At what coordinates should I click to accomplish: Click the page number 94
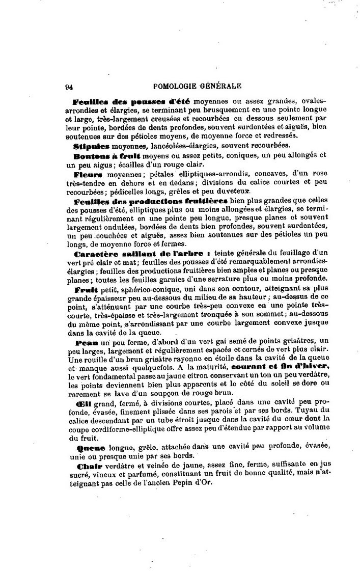(x=69, y=87)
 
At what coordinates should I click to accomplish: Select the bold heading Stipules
(x=91, y=145)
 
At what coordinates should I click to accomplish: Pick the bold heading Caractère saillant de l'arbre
(x=142, y=253)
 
